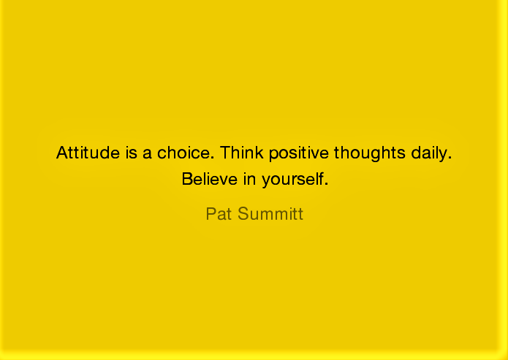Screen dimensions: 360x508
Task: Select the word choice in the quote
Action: pyautogui.click(x=183, y=153)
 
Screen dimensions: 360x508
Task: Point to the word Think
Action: pyautogui.click(x=241, y=153)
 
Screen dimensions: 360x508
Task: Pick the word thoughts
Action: pyautogui.click(x=368, y=154)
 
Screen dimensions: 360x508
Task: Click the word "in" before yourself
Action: pyautogui.click(x=247, y=178)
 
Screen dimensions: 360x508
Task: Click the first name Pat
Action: pyautogui.click(x=219, y=214)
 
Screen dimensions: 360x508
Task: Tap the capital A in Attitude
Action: pyautogui.click(x=61, y=153)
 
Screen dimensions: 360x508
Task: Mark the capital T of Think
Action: pyautogui.click(x=225, y=153)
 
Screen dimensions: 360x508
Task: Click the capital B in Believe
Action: pyautogui.click(x=186, y=178)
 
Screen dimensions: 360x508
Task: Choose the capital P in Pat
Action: pyautogui.click(x=211, y=214)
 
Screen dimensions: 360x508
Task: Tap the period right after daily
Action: pyautogui.click(x=450, y=158)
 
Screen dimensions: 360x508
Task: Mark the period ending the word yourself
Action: pyautogui.click(x=326, y=183)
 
